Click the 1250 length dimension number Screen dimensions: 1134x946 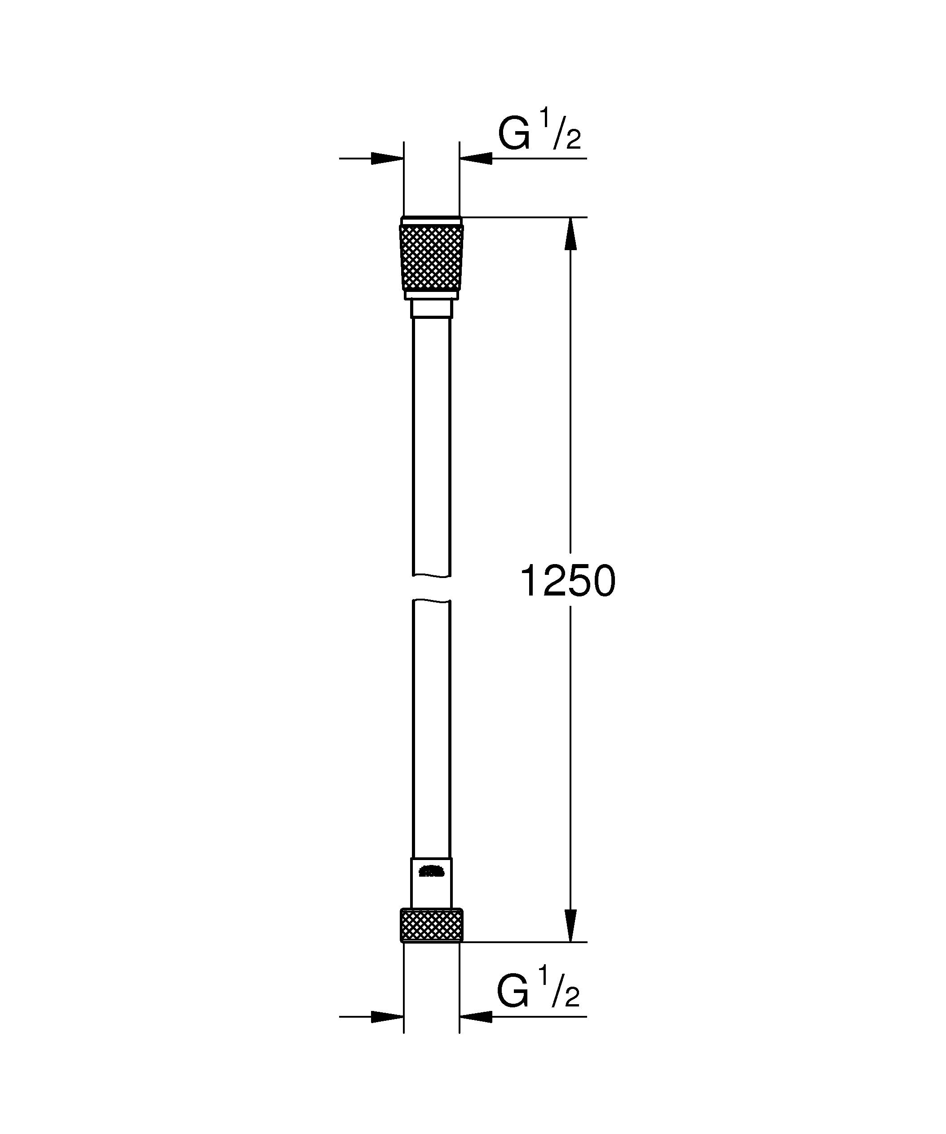coord(567,582)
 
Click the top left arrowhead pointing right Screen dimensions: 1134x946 coord(387,158)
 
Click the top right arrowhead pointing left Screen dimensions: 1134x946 coord(476,158)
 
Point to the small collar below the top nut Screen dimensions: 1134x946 coord(431,309)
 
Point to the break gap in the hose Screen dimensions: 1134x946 coord(431,587)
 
